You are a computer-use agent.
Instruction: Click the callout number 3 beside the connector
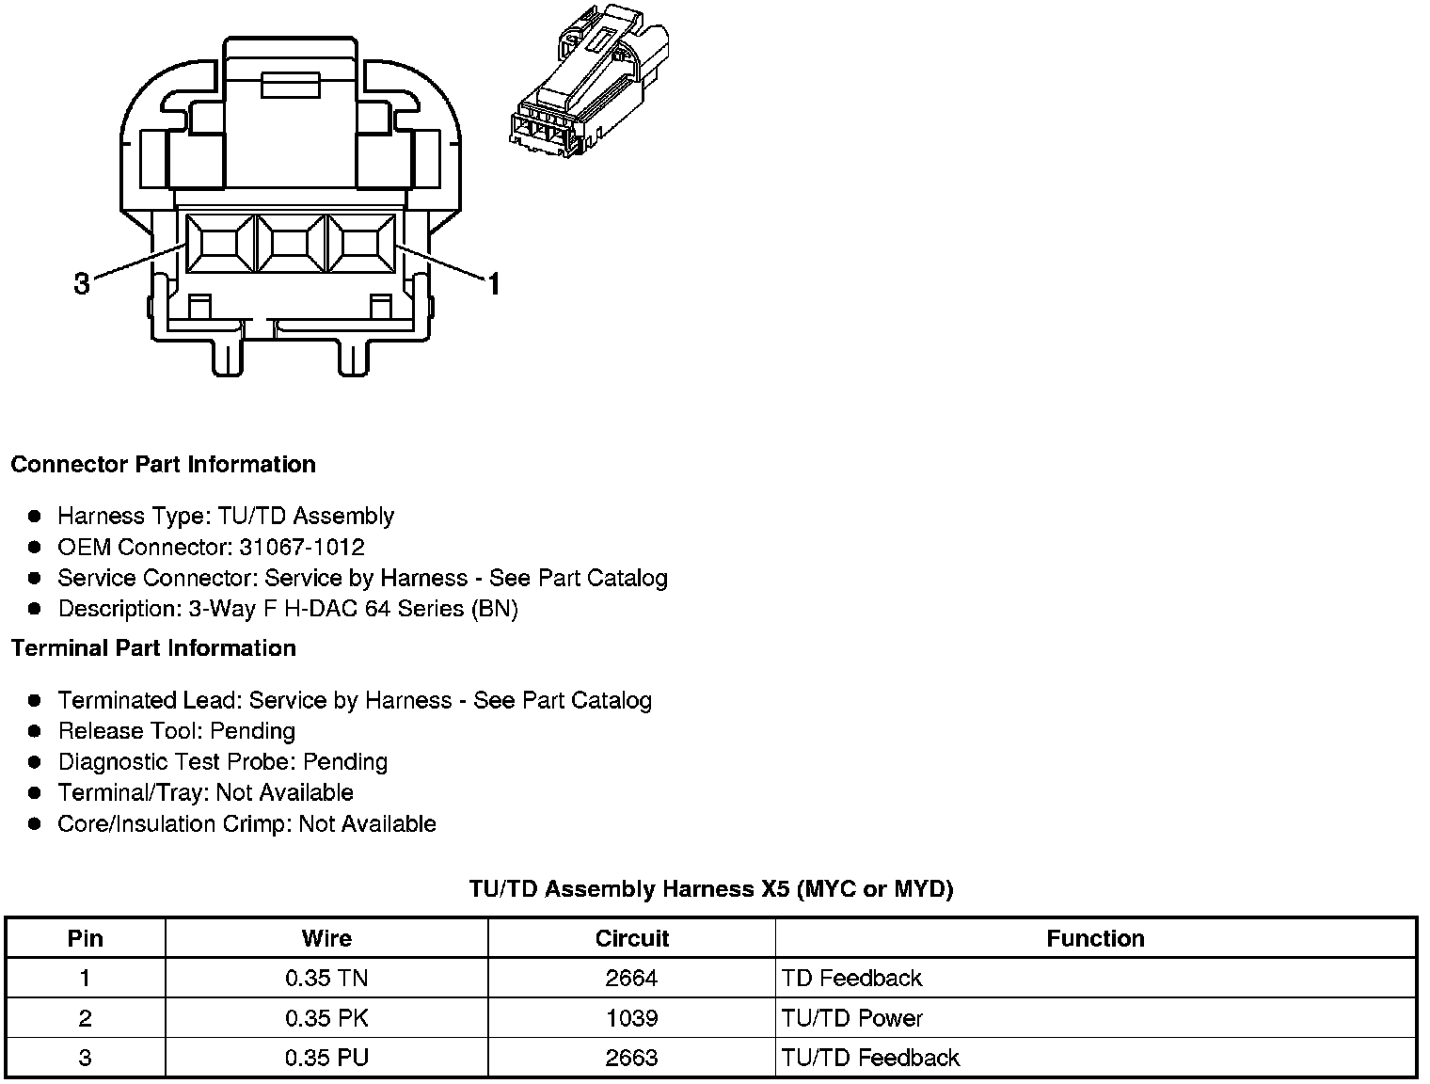(82, 283)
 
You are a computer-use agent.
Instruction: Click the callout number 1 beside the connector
(493, 282)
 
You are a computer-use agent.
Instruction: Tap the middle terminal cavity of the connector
(291, 245)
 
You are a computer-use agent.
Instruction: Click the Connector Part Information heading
(163, 465)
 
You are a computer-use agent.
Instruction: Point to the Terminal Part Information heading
(153, 648)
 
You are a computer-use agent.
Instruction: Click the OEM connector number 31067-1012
(301, 548)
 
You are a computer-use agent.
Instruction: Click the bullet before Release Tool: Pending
(35, 731)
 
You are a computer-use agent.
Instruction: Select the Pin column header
(86, 938)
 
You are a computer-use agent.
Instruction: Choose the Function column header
(1095, 938)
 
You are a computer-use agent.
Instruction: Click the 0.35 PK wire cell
(326, 1018)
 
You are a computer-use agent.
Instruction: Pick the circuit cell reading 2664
(631, 979)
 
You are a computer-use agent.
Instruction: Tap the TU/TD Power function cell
(852, 1018)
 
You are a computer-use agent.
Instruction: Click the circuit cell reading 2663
(631, 1058)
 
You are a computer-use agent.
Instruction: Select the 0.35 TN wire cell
(326, 979)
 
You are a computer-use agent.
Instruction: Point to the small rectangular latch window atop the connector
(291, 86)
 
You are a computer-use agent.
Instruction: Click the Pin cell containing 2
(86, 1018)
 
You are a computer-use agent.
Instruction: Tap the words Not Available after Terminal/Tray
(285, 792)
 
